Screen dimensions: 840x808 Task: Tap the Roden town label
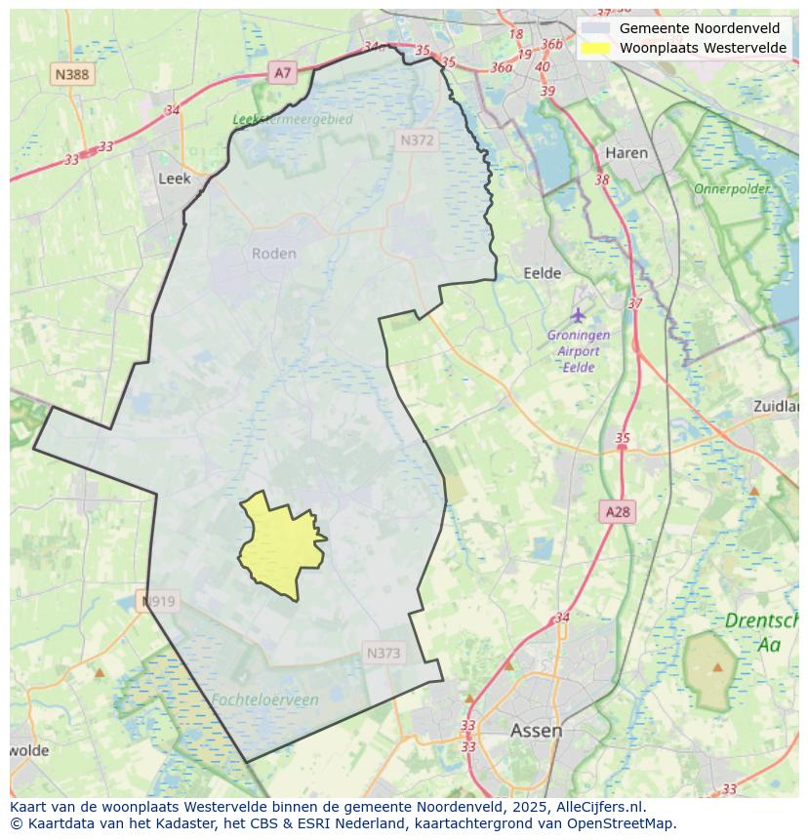[273, 254]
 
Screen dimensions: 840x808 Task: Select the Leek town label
[175, 179]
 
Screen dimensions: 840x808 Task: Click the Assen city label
[536, 731]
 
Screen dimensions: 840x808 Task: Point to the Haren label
[626, 153]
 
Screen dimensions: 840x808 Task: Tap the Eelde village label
[543, 273]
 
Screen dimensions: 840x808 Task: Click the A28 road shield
[618, 512]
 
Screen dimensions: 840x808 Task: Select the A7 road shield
[282, 72]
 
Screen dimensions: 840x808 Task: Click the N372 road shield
[417, 140]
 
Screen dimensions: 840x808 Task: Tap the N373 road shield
[384, 654]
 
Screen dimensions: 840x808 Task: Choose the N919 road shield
[158, 602]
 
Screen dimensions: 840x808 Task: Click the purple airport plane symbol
[579, 314]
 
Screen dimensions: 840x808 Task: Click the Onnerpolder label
[732, 188]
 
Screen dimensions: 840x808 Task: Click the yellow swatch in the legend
[595, 48]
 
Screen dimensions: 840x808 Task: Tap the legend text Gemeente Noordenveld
[700, 28]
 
